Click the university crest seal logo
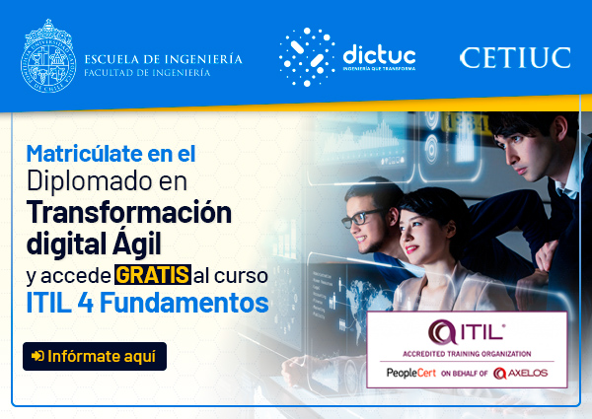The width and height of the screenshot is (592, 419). click(x=48, y=56)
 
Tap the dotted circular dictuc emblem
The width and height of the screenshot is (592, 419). click(x=307, y=57)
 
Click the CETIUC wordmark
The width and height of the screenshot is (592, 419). click(x=515, y=58)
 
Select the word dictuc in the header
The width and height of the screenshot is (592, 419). click(x=379, y=55)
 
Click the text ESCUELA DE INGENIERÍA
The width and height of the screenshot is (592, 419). click(x=163, y=59)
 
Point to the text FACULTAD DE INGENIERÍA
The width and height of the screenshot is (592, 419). click(x=147, y=72)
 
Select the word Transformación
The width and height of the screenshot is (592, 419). click(x=129, y=212)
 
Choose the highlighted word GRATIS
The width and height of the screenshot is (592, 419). click(x=153, y=274)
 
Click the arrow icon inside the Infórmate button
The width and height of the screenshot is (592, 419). click(x=37, y=356)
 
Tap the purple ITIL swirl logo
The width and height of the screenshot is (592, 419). click(x=442, y=332)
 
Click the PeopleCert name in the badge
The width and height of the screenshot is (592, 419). click(x=411, y=373)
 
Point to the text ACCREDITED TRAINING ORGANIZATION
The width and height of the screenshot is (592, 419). click(x=467, y=354)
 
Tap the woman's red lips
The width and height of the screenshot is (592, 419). click(x=411, y=248)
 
